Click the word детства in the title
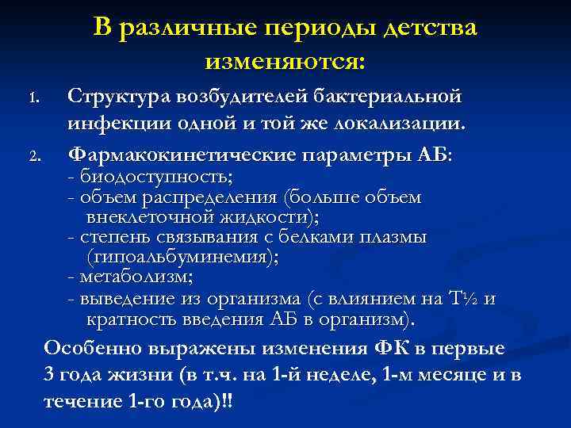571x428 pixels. click(430, 29)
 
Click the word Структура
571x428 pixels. click(113, 97)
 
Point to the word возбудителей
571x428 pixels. click(232, 97)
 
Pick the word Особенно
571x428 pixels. click(90, 348)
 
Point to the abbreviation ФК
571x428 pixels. click(386, 348)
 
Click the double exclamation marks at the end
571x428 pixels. click(231, 401)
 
